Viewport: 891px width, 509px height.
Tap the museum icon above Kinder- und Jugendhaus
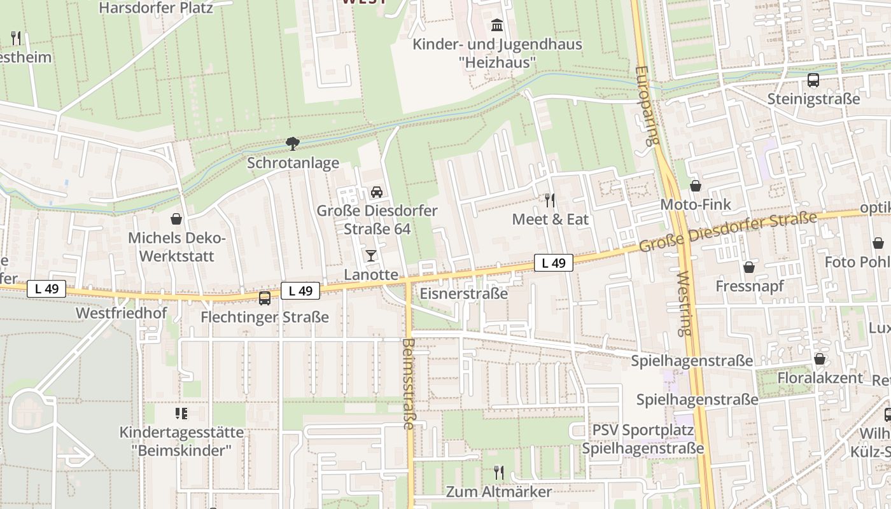(496, 25)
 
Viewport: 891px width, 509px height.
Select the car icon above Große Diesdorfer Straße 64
(376, 192)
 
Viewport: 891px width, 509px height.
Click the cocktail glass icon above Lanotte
(371, 256)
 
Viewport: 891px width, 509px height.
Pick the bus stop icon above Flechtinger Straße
(264, 298)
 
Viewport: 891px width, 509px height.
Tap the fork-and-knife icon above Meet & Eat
(550, 200)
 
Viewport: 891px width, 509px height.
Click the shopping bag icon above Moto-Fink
(696, 186)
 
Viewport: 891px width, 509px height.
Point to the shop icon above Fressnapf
(749, 267)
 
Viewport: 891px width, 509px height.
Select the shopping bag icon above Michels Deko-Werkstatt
(176, 219)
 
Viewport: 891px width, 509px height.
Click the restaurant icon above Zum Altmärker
(498, 473)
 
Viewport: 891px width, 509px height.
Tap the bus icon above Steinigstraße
(813, 80)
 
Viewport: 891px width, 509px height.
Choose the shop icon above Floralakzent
(820, 359)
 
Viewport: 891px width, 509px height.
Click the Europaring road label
(647, 106)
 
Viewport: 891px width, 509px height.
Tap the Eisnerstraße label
(463, 293)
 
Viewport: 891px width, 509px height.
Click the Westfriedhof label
(121, 314)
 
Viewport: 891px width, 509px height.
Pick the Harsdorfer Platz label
(156, 8)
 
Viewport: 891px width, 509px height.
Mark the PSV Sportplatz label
(643, 430)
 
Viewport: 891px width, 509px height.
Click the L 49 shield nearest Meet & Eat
(553, 263)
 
